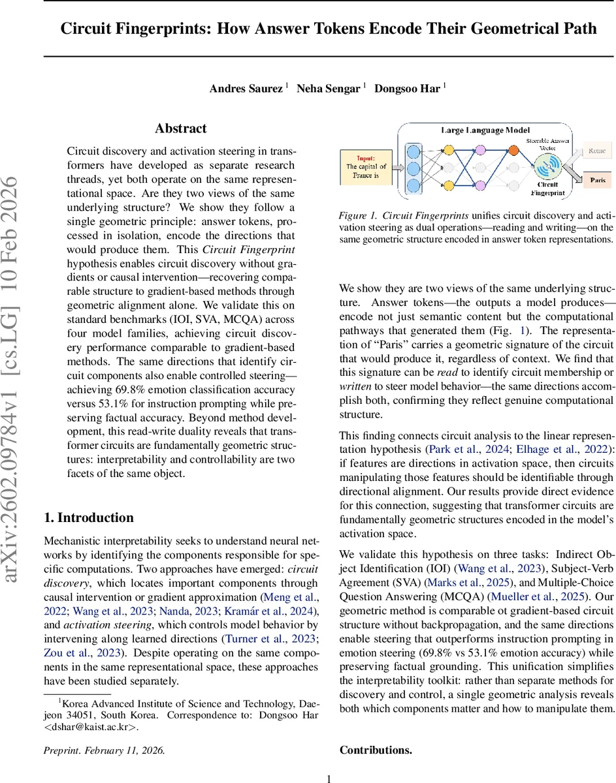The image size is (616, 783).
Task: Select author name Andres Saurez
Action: pos(246,88)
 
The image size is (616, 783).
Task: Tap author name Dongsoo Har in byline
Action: pos(408,88)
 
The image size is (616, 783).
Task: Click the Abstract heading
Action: pos(181,129)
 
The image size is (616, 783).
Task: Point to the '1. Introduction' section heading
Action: pos(88,499)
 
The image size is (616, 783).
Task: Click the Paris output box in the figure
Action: pos(597,180)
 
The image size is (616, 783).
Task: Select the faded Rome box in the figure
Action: pos(597,151)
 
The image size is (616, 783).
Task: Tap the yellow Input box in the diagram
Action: pos(366,167)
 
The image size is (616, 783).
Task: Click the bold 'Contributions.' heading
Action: pos(376,750)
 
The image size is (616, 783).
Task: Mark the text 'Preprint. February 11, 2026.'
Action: pos(104,750)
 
